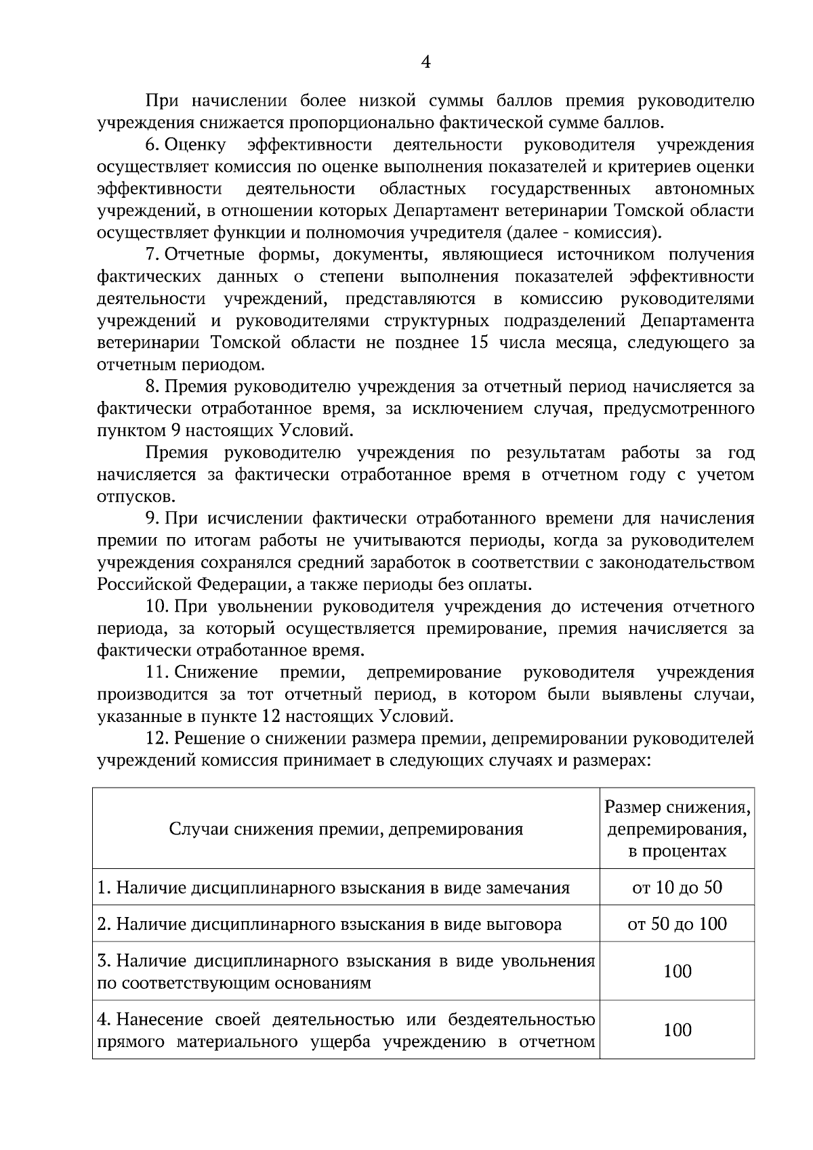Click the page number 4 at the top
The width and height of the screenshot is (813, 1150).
[x=425, y=62]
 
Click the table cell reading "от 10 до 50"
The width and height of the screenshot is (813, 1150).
[x=677, y=887]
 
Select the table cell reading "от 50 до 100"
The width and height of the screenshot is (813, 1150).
[x=677, y=924]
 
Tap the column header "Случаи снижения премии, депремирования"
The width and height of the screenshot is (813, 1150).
[x=346, y=829]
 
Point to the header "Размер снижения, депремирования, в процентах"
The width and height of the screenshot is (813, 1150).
[x=677, y=829]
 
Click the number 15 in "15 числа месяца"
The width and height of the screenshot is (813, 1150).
[x=479, y=343]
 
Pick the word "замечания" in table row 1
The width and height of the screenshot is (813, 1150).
[x=528, y=887]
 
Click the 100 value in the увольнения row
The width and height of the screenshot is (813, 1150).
[x=677, y=971]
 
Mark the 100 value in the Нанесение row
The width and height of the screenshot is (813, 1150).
[x=677, y=1030]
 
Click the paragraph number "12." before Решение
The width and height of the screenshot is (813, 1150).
[x=157, y=738]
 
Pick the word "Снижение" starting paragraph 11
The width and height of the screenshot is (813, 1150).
[x=216, y=673]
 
